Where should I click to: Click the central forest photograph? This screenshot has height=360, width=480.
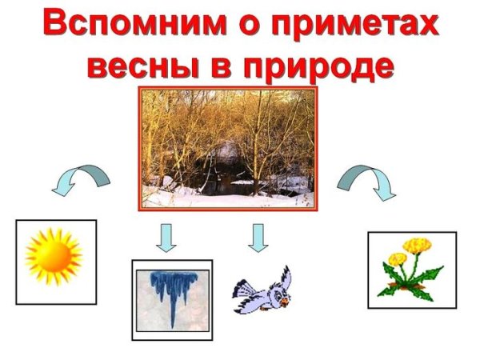click(x=228, y=148)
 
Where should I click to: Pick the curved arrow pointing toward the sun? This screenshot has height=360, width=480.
click(x=80, y=178)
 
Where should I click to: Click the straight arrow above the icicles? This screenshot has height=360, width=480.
click(x=166, y=238)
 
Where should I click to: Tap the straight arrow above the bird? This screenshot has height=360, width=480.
click(x=258, y=236)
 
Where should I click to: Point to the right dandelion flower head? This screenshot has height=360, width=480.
click(x=417, y=245)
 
